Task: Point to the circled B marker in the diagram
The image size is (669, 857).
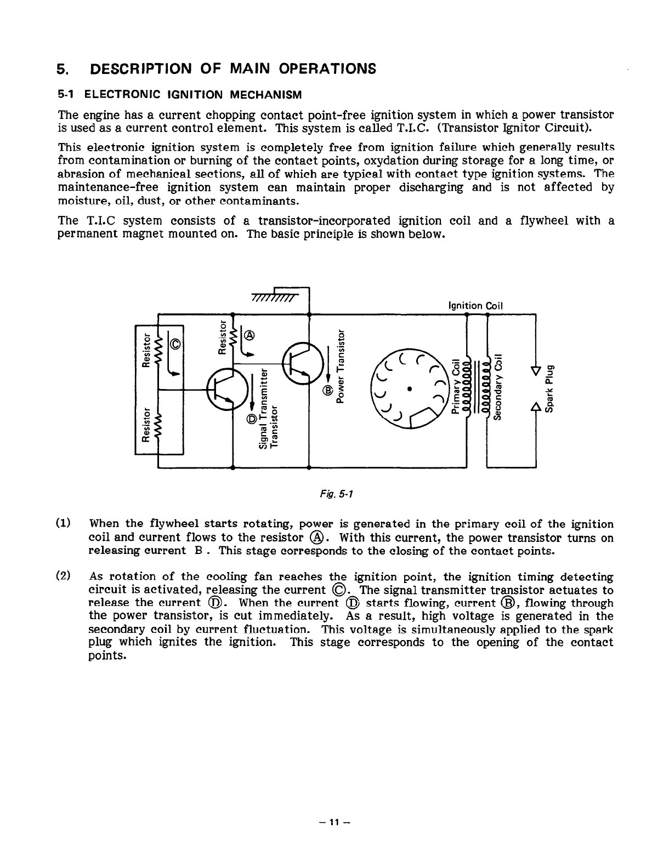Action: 328,390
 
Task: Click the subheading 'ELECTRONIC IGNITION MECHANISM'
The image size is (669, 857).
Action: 192,95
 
